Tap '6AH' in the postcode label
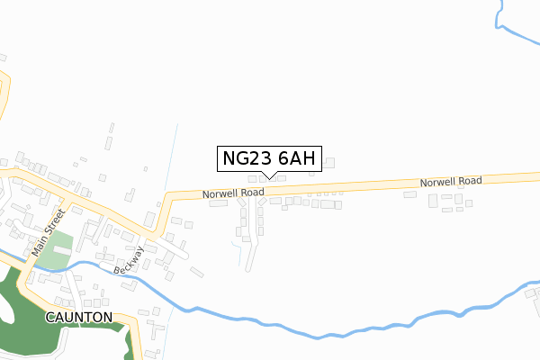pyautogui.click(x=296, y=159)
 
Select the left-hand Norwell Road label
pyautogui.click(x=232, y=193)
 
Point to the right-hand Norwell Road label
pyautogui.click(x=450, y=182)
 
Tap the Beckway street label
pyautogui.click(x=128, y=262)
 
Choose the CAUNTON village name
pyautogui.click(x=80, y=318)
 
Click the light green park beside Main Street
pyautogui.click(x=56, y=257)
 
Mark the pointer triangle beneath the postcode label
pyautogui.click(x=268, y=175)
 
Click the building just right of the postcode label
pyautogui.click(x=330, y=163)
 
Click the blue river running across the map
pyautogui.click(x=270, y=324)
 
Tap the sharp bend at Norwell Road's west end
pyautogui.click(x=167, y=196)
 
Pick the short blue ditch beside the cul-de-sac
pyautogui.click(x=240, y=256)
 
